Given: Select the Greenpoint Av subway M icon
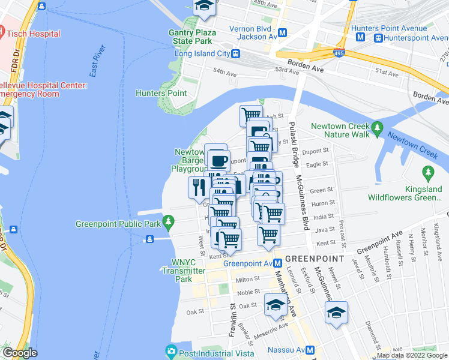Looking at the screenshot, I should coord(278,263).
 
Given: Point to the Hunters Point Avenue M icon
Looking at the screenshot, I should coord(361,37).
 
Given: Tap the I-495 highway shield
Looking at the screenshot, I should coord(339,53).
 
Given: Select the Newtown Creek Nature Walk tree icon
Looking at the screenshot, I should coord(377,127).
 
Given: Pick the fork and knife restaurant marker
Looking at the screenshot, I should coord(199,187).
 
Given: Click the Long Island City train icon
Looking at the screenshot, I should coord(237,53).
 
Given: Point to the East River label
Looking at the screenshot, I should coord(97,61).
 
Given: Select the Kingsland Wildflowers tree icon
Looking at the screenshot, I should coord(428,174).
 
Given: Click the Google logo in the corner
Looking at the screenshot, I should coord(20,353).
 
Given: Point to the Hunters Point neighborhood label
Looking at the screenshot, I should coord(161,93).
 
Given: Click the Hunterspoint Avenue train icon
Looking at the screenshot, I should coord(378,37).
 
